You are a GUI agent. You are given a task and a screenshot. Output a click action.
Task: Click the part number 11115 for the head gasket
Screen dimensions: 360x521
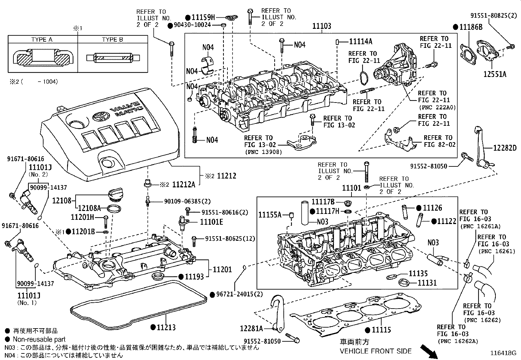[381, 330]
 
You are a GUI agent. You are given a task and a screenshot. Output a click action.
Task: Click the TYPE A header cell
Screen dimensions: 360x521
[42, 39]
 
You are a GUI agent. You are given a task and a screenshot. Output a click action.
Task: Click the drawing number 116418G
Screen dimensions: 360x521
[503, 353]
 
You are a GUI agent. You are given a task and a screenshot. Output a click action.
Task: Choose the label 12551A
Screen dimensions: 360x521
[494, 74]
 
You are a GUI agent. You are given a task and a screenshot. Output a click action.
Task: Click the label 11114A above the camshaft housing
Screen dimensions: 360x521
[361, 41]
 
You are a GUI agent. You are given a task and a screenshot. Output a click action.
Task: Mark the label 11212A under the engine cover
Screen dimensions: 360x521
[183, 185]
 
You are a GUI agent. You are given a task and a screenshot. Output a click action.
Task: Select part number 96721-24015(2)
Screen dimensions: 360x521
[239, 294]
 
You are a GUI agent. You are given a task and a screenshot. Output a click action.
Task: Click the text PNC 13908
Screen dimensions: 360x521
[263, 152]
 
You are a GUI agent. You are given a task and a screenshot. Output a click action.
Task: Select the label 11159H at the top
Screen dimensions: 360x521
[203, 17]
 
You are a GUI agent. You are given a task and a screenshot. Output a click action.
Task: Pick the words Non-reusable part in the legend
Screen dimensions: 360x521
[39, 339]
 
